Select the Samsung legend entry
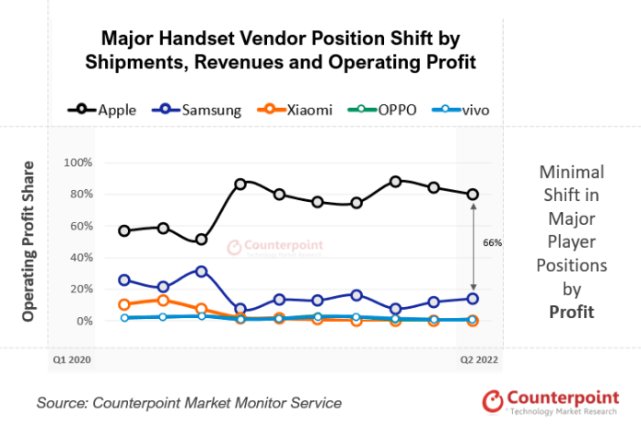199,110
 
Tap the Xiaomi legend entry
298,110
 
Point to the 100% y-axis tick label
78,162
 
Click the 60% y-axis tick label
81,226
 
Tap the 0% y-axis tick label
84,321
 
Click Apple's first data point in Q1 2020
124,230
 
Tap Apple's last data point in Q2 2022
472,194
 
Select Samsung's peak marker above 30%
202,271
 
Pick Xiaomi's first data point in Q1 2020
124,304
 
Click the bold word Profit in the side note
570,313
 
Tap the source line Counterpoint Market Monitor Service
189,403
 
